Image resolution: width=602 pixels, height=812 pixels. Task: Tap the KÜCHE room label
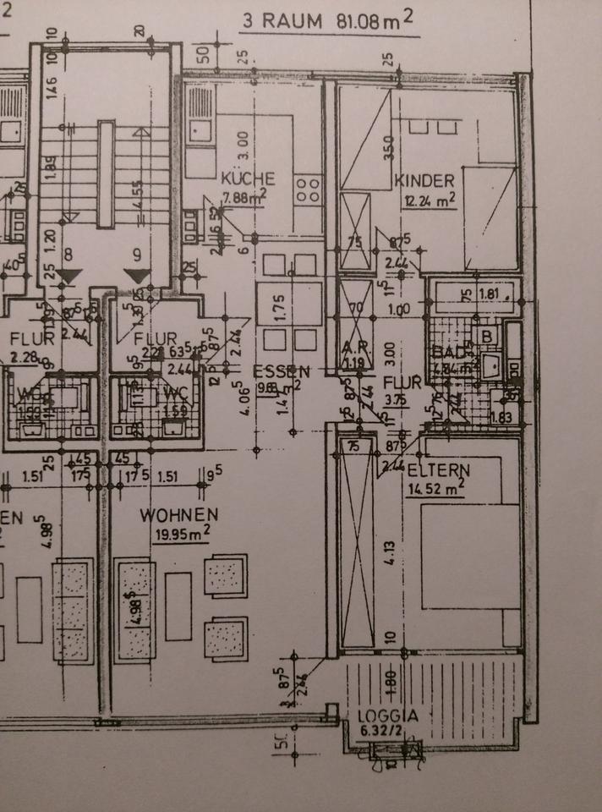click(x=248, y=179)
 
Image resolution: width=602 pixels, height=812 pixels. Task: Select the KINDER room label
click(x=425, y=180)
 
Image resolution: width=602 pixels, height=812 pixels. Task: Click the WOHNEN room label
click(x=179, y=514)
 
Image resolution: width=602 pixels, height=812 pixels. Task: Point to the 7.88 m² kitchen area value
click(x=244, y=198)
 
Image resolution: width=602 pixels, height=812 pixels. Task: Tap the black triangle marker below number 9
click(x=136, y=277)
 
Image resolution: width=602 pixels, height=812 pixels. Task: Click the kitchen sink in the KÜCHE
click(x=200, y=130)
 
